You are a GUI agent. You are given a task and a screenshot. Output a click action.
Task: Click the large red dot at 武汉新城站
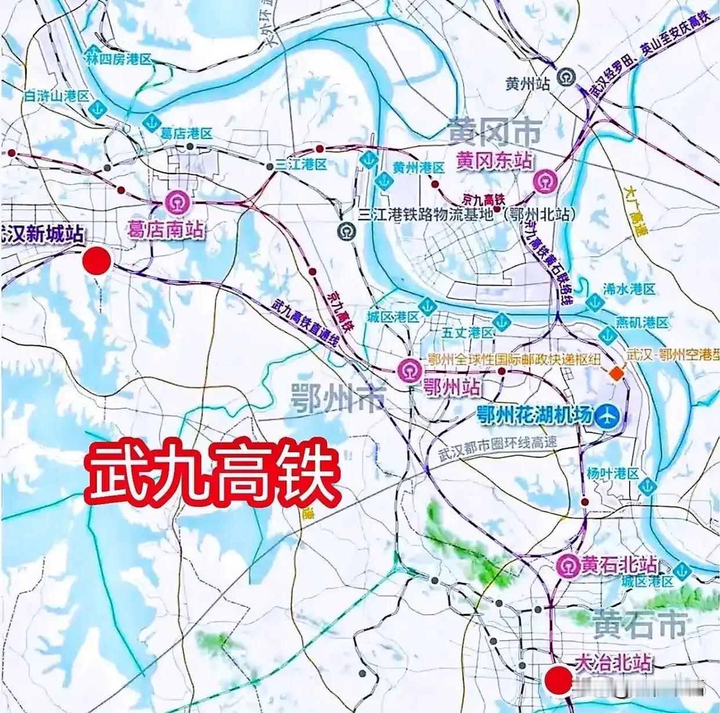[96, 261]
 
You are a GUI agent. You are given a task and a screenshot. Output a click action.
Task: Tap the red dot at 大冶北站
[558, 678]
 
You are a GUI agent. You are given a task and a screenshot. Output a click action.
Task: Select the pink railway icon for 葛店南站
[174, 202]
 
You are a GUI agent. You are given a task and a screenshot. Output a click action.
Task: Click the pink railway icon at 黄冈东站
[546, 181]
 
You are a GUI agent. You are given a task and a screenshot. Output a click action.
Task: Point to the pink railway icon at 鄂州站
[409, 370]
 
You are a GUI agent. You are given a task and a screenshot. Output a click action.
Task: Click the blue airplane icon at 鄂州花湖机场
[608, 415]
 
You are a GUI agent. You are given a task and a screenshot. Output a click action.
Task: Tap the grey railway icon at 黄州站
[565, 76]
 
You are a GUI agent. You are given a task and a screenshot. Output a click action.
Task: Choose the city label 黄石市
[639, 625]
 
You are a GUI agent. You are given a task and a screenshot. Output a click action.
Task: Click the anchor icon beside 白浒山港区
[99, 108]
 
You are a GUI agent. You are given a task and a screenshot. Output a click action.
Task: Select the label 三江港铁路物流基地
[426, 214]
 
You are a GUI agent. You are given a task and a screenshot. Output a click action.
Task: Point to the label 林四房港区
[118, 58]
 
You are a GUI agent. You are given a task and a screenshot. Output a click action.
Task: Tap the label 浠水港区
[629, 288]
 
